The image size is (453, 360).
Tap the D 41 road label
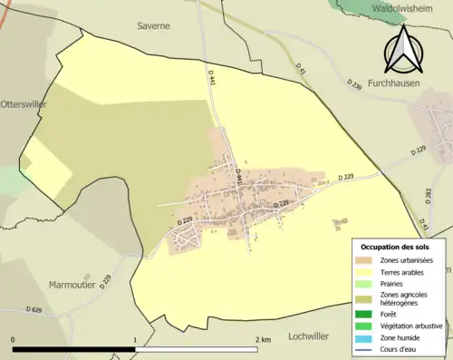[303, 67]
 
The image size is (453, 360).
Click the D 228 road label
[283, 204]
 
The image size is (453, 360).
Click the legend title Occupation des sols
[397, 247]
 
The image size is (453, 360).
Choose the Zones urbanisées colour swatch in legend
[364, 261]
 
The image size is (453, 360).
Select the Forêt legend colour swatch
[364, 315]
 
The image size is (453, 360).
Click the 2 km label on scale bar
[263, 340]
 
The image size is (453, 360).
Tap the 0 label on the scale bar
[13, 340]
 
